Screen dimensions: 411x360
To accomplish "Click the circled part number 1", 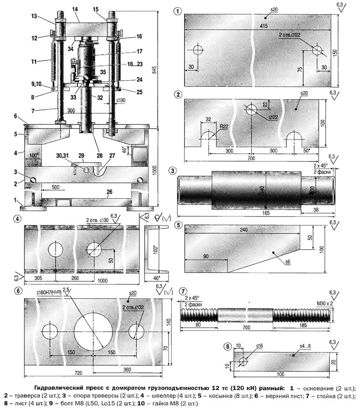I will [x=177, y=10].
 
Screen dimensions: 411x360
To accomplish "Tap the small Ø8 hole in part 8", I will [x=242, y=361].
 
